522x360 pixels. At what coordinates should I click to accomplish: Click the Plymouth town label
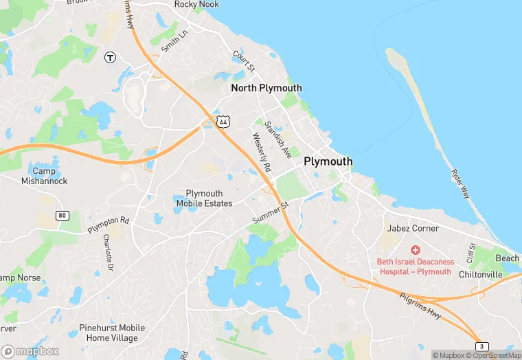click(x=328, y=161)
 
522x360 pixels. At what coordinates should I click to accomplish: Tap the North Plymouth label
click(x=266, y=88)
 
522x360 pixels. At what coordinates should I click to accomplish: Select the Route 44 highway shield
click(x=222, y=122)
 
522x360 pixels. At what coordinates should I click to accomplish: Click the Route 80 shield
click(x=63, y=216)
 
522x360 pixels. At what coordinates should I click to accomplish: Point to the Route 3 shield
click(x=482, y=346)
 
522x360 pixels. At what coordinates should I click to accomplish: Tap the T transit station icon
click(x=109, y=58)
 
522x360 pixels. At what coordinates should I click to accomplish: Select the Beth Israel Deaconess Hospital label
click(x=415, y=266)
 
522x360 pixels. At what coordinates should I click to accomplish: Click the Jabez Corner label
click(x=413, y=228)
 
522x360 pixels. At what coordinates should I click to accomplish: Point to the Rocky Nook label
click(x=196, y=4)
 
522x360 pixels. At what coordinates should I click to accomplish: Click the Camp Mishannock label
click(x=49, y=176)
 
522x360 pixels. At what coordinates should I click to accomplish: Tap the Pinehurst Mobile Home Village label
click(x=108, y=333)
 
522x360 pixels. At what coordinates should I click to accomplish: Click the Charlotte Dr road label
click(x=107, y=251)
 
